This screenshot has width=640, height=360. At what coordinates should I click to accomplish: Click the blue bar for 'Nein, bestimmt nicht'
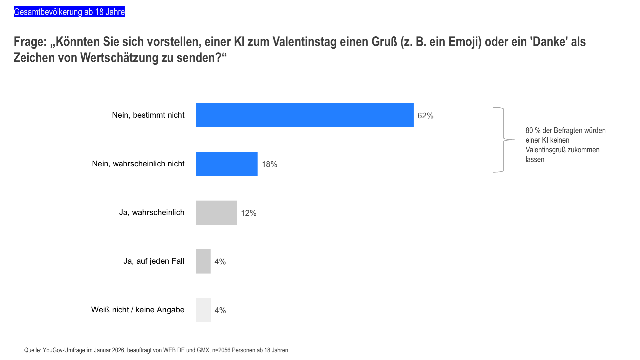[305, 115]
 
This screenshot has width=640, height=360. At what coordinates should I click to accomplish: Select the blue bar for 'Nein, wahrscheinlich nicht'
[227, 164]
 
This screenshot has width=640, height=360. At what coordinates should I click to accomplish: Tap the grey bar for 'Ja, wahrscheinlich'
[216, 213]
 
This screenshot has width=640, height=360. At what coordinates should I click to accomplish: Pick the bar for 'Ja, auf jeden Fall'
[203, 261]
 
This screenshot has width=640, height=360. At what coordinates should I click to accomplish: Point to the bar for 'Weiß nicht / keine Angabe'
[203, 310]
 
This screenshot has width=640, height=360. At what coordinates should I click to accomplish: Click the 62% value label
[425, 116]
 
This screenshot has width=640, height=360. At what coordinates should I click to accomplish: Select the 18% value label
[269, 164]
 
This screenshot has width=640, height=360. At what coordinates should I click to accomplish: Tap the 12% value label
[249, 213]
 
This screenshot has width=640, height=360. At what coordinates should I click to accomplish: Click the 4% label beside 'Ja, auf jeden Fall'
[220, 262]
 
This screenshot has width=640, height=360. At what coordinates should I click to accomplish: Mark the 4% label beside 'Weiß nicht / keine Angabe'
[220, 310]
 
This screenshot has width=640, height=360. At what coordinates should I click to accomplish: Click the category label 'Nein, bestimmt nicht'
[148, 115]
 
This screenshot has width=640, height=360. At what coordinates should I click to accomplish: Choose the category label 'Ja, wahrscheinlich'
[152, 212]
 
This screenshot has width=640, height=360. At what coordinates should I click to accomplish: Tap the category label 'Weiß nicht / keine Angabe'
[138, 310]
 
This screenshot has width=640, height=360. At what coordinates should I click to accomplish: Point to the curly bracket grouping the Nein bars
[503, 140]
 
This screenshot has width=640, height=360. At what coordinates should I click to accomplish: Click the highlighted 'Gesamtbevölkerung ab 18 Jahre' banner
[69, 12]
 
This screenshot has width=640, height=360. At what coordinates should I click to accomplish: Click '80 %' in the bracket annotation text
[533, 130]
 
